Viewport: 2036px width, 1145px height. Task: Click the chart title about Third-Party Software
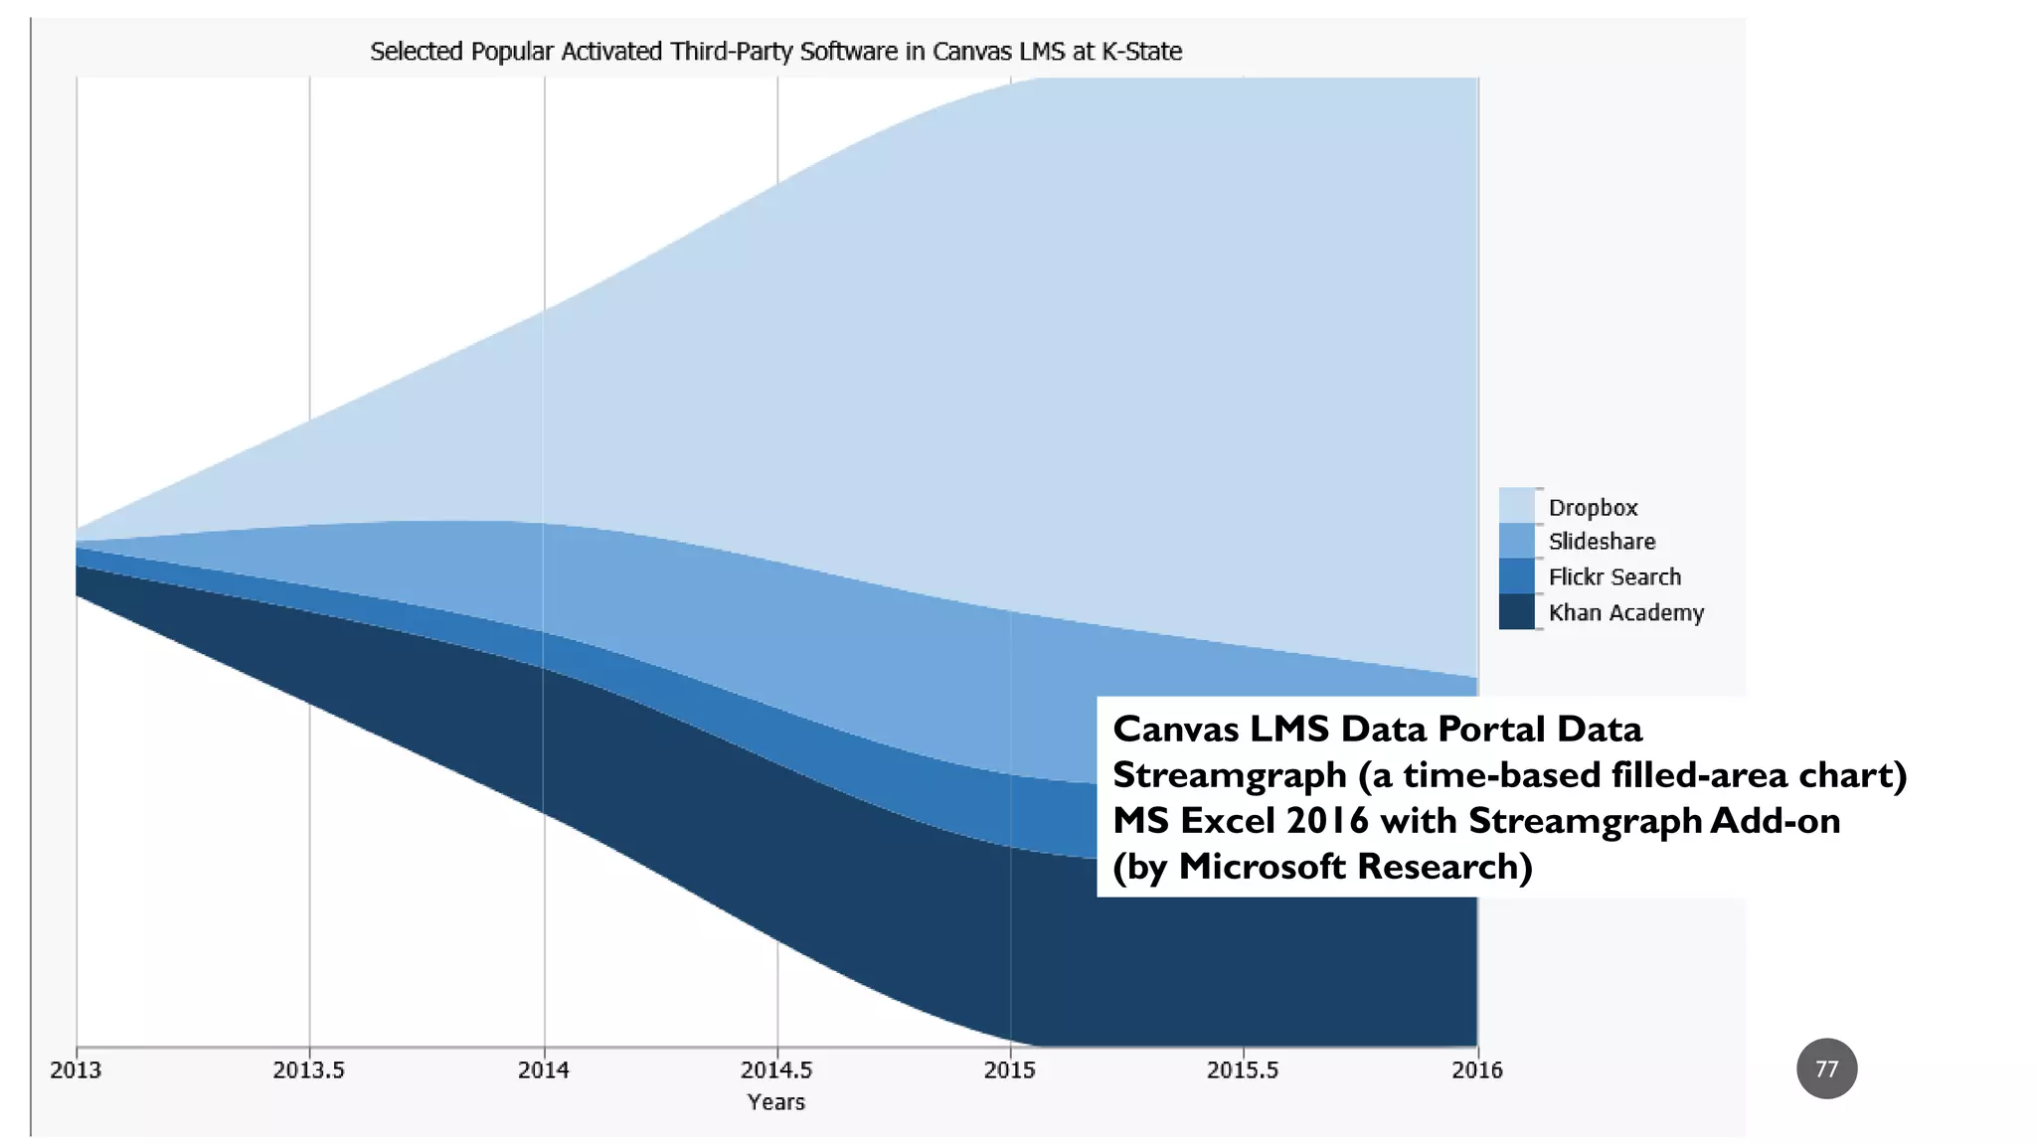click(x=775, y=52)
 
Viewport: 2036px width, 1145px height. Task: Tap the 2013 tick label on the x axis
click(x=76, y=1070)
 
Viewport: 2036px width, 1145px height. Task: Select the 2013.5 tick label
click(x=308, y=1070)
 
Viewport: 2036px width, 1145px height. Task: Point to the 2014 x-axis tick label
click(x=544, y=1070)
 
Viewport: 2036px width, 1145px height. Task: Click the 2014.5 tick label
click(x=776, y=1070)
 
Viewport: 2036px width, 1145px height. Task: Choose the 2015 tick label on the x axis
click(x=1009, y=1070)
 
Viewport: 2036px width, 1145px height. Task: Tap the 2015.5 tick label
click(x=1243, y=1070)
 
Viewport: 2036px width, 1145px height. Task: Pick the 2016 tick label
click(x=1476, y=1070)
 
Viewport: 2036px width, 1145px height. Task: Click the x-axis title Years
click(x=775, y=1102)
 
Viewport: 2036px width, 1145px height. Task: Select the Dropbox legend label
click(x=1593, y=508)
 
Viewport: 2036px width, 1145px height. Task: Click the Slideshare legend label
click(x=1602, y=542)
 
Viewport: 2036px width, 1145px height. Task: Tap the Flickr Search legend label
click(x=1614, y=577)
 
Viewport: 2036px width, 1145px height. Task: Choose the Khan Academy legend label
click(x=1625, y=613)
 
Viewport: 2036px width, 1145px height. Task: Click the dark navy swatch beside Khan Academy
click(x=1516, y=612)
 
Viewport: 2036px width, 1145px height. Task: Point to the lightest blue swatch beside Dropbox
click(x=1516, y=505)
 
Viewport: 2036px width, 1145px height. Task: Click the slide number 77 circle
click(x=1826, y=1068)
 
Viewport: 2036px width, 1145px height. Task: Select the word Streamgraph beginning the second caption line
click(x=1229, y=775)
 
